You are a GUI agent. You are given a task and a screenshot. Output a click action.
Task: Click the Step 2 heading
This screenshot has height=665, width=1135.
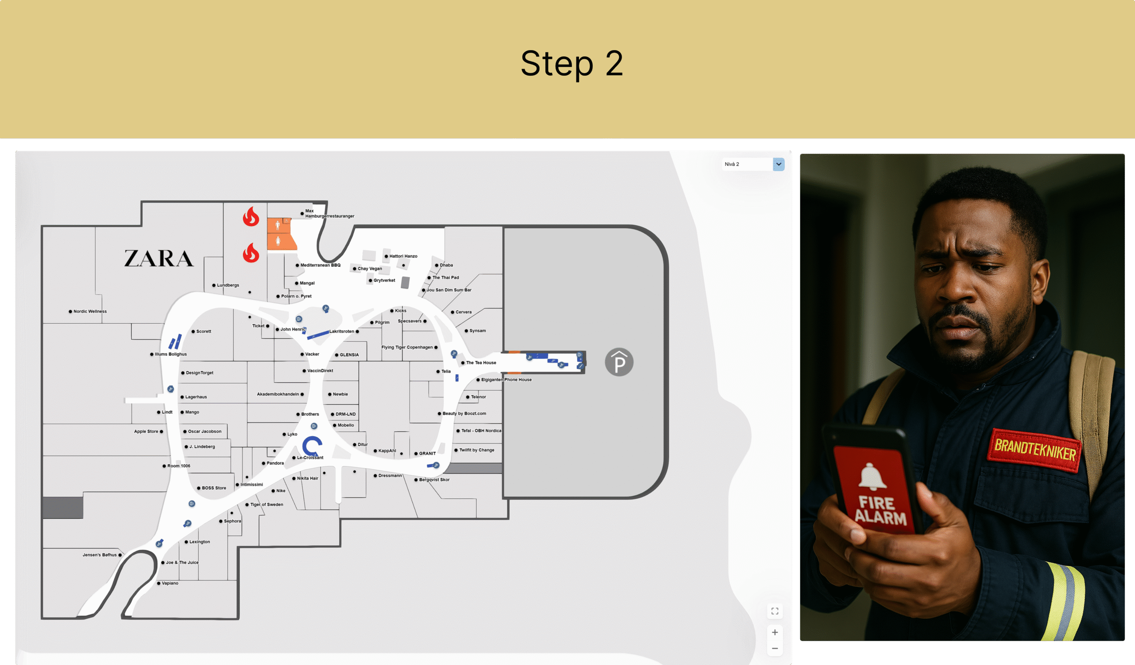[x=571, y=63]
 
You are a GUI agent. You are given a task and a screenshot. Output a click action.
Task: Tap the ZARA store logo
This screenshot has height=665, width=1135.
[x=159, y=258]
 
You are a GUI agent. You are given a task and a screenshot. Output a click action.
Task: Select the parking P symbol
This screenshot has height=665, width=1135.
[x=619, y=362]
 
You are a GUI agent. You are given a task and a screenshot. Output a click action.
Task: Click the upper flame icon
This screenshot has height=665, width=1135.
[x=251, y=216]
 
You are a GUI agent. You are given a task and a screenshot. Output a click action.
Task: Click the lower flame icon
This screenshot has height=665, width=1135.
[x=251, y=253]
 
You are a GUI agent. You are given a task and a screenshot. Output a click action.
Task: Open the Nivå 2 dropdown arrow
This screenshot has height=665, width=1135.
[x=778, y=164]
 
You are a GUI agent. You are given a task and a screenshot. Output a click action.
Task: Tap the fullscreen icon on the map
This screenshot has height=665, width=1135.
[x=775, y=611]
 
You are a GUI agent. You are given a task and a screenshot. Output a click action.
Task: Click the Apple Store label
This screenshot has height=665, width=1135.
[x=146, y=431]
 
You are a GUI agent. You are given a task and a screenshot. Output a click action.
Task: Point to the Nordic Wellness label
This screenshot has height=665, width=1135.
[x=90, y=311]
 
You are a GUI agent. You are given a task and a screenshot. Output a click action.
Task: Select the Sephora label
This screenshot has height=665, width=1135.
[x=232, y=521]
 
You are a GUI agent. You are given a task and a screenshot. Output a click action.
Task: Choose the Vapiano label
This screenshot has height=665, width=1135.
[x=170, y=583]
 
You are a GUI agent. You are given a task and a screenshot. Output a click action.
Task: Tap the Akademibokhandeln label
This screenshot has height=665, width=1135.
[x=278, y=394]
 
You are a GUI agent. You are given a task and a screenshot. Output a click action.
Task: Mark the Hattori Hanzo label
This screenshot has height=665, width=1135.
[x=403, y=256]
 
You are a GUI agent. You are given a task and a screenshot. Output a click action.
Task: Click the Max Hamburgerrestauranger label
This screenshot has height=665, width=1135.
[x=330, y=213]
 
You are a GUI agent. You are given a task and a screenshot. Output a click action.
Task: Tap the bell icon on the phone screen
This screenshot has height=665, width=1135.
[x=873, y=476]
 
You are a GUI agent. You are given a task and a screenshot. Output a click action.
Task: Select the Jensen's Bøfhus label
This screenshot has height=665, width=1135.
[x=100, y=555]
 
